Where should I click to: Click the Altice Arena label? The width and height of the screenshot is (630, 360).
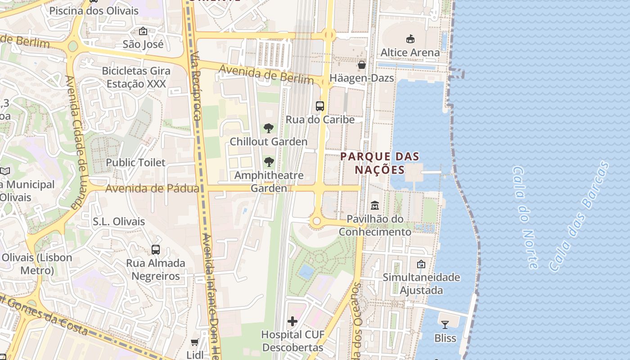410,52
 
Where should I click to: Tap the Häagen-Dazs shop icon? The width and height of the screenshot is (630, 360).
361,65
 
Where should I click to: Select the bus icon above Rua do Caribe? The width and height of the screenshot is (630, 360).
320,106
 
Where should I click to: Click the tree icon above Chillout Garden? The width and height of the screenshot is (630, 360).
269,128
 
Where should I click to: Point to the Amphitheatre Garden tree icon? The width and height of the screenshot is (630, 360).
269,162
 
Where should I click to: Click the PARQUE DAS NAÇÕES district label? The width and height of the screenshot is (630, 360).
380,163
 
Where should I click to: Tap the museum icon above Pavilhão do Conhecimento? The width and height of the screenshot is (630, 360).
374,206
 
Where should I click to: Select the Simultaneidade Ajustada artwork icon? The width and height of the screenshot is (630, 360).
421,264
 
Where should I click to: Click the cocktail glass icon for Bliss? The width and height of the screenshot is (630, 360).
445,324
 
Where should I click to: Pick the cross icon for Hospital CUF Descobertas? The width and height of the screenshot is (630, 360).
292,321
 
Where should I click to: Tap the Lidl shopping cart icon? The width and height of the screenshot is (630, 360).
195,342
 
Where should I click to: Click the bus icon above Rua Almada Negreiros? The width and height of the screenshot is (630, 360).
156,249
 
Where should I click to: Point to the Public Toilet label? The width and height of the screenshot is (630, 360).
135,162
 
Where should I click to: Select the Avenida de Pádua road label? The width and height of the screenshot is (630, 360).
152,189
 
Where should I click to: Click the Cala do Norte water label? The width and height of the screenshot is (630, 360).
525,217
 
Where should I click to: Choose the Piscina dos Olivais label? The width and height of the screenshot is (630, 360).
94,11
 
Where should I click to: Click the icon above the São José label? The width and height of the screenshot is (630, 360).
143,31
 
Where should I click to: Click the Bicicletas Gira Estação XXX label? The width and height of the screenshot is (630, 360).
136,77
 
